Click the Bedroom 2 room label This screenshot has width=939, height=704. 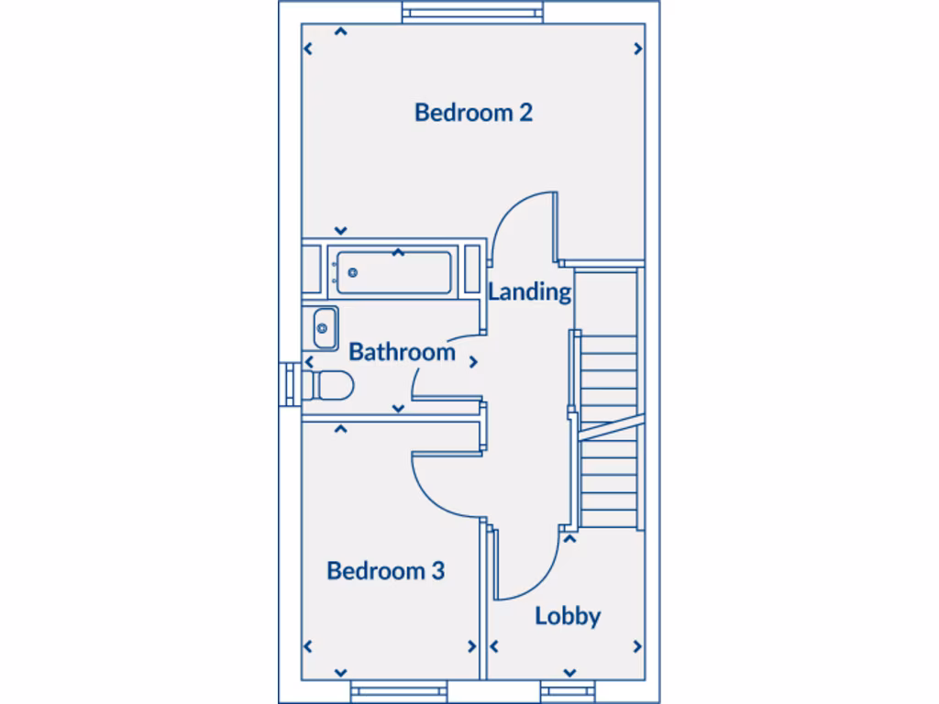[x=473, y=113]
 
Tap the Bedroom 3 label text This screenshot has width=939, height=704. [x=385, y=571]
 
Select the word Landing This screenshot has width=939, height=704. [x=529, y=292]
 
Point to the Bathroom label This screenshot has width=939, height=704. [x=402, y=352]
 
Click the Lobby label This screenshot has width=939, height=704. [x=568, y=616]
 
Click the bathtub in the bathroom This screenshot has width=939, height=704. [x=392, y=271]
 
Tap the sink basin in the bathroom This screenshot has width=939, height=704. [x=323, y=327]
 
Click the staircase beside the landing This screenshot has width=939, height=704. [x=608, y=431]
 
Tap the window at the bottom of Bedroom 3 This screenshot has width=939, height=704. [x=398, y=692]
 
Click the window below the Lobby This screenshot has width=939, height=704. [x=569, y=692]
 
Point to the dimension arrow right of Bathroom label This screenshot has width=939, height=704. [x=473, y=362]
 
